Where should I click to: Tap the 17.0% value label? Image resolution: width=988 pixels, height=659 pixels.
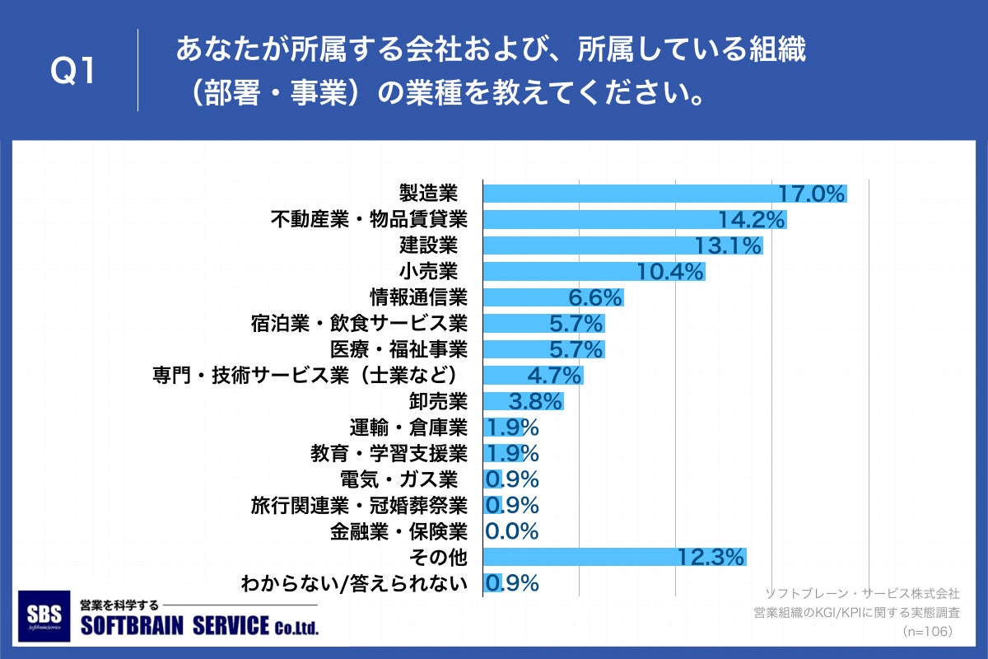(812, 194)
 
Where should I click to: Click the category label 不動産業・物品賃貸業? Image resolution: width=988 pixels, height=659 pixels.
(369, 220)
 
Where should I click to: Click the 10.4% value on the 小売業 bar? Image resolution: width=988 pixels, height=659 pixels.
(671, 271)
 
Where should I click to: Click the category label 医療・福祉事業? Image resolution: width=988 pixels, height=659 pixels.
(398, 348)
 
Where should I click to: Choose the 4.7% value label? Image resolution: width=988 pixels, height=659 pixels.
(554, 375)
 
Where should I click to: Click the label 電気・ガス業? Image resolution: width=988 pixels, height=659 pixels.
(398, 479)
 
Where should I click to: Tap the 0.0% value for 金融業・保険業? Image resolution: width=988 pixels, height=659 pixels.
(511, 530)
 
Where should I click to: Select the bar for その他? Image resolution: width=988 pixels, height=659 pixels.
(576, 556)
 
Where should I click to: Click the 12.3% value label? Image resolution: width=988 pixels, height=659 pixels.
(711, 556)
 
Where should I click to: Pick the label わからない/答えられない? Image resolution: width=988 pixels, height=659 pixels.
(354, 583)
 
